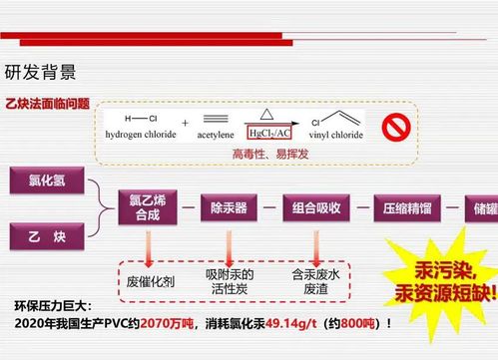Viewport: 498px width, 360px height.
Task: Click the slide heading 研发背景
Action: tap(40, 72)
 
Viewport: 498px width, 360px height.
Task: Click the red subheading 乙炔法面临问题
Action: tap(48, 104)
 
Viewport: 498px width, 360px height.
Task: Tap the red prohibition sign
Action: tap(396, 128)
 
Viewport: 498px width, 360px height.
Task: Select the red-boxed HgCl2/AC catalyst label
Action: tap(269, 133)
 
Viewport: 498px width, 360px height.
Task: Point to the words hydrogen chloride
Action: tap(141, 135)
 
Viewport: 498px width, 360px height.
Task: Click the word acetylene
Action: tap(216, 135)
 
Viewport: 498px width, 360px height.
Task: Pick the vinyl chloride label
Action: tap(336, 135)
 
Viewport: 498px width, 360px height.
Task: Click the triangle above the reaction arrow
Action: tap(266, 114)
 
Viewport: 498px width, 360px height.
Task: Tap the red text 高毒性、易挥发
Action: tap(270, 154)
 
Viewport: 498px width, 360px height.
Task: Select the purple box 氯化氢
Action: tap(47, 180)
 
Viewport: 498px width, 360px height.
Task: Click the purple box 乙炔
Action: tap(47, 236)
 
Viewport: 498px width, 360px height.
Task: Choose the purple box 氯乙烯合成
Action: tap(148, 207)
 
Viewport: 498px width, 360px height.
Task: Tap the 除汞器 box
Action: tap(229, 208)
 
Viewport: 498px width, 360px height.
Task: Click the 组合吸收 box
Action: tap(316, 208)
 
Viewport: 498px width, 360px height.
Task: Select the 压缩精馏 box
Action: tap(407, 208)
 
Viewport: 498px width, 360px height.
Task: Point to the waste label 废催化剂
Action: tap(151, 282)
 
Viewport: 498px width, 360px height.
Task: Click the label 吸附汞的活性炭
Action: tap(230, 281)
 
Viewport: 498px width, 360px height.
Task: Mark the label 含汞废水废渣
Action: tap(315, 281)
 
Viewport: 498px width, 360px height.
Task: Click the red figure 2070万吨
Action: tap(167, 323)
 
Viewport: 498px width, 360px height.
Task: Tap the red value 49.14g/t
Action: tap(291, 323)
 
